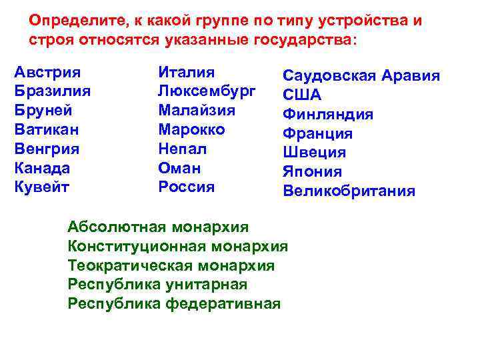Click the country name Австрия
tap(47, 72)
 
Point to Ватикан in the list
tap(47, 129)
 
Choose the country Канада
tap(42, 168)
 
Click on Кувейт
tap(41, 187)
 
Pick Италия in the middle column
tap(187, 72)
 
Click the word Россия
tap(187, 187)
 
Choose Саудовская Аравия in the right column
tap(361, 76)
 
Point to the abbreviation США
tap(302, 95)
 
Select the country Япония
tap(312, 172)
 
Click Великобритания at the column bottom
tap(349, 191)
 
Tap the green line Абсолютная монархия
tap(158, 227)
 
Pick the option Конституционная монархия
tap(178, 247)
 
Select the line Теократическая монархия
tap(171, 266)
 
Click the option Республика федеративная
tap(174, 304)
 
